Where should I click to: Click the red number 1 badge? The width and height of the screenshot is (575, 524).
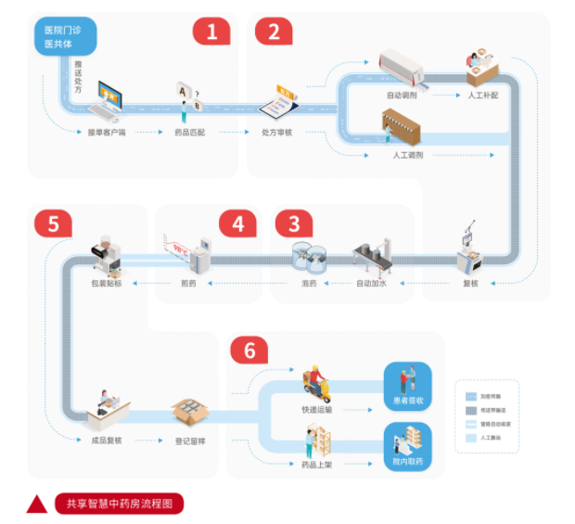(x=211, y=32)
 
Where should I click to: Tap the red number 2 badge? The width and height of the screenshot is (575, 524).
(x=273, y=32)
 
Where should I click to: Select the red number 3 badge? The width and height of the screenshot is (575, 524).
(x=294, y=224)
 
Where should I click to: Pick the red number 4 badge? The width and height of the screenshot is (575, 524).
(x=237, y=224)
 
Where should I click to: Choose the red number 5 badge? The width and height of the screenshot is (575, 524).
(x=52, y=224)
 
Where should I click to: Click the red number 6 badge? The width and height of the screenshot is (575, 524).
(x=249, y=351)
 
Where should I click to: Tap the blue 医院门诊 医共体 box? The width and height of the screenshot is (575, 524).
(x=62, y=37)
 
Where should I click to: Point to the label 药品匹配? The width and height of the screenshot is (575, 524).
(x=189, y=133)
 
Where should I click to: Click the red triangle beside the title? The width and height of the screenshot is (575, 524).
(x=37, y=503)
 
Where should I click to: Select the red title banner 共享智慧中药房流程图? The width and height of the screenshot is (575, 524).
(x=119, y=504)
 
